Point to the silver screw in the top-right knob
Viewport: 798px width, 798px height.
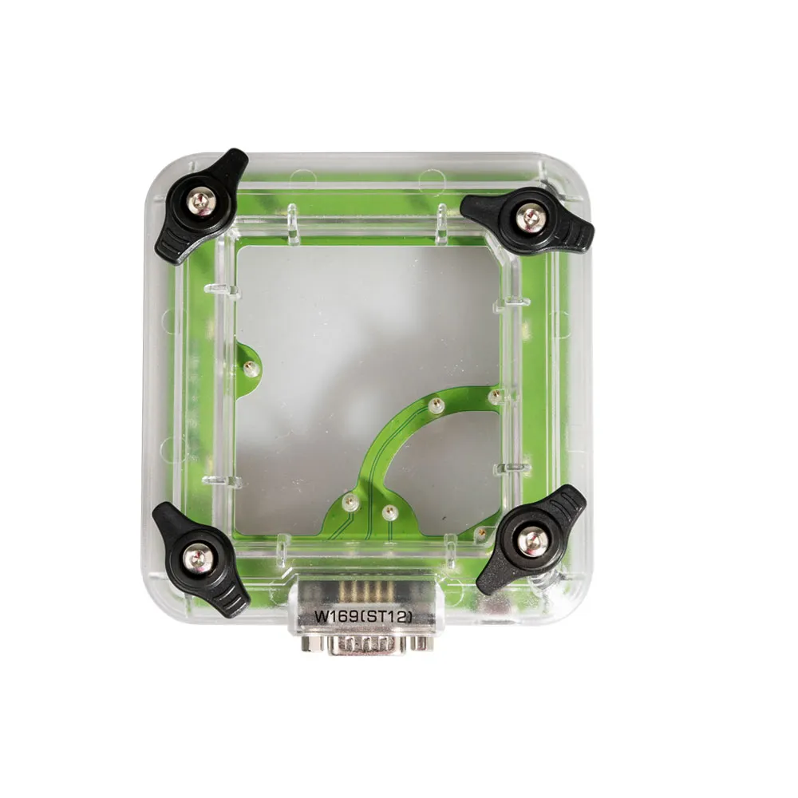[x=531, y=219]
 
